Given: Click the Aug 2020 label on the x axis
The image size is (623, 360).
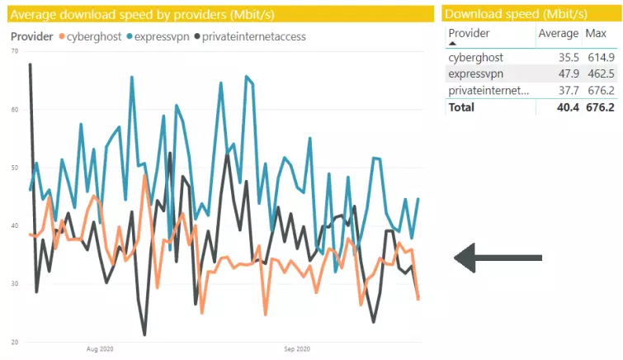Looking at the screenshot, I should point(99,349).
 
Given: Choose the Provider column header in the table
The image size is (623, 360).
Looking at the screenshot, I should point(469,33).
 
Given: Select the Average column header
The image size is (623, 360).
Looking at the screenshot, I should point(558,33).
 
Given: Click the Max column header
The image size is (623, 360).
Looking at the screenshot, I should point(596,33).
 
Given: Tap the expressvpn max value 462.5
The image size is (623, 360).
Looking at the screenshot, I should point(599,74).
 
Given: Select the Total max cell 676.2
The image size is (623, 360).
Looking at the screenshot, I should point(599,107).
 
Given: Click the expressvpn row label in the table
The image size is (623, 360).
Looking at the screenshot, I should point(475,74).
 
